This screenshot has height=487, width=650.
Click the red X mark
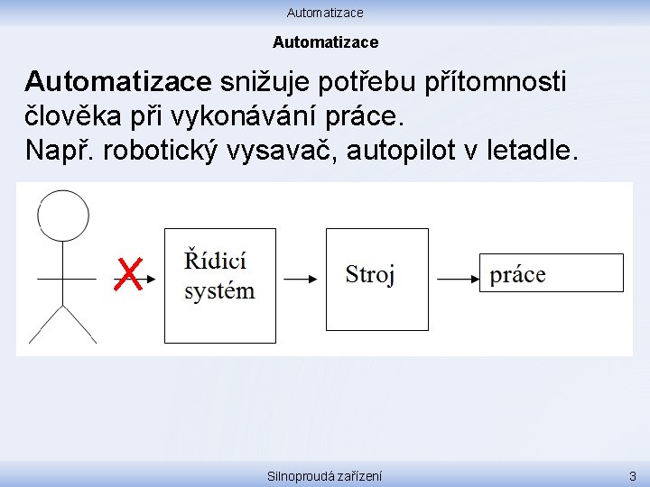pyautogui.click(x=129, y=274)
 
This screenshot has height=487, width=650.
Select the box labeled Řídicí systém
pyautogui.click(x=219, y=285)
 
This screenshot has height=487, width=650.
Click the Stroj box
pyautogui.click(x=376, y=279)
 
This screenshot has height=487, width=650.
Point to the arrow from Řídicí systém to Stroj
pyautogui.click(x=301, y=279)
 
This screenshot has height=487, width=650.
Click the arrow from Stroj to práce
pyautogui.click(x=458, y=279)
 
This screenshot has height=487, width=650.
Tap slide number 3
pyautogui.click(x=632, y=475)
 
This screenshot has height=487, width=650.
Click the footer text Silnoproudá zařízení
pyautogui.click(x=325, y=475)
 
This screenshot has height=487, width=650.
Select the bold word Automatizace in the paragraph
pyautogui.click(x=117, y=83)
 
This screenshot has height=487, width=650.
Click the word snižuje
pyautogui.click(x=263, y=83)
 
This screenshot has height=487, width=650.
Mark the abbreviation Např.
pyautogui.click(x=60, y=150)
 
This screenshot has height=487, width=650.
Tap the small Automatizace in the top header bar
pyautogui.click(x=325, y=13)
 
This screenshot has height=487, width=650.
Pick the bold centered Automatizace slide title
pyautogui.click(x=325, y=42)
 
